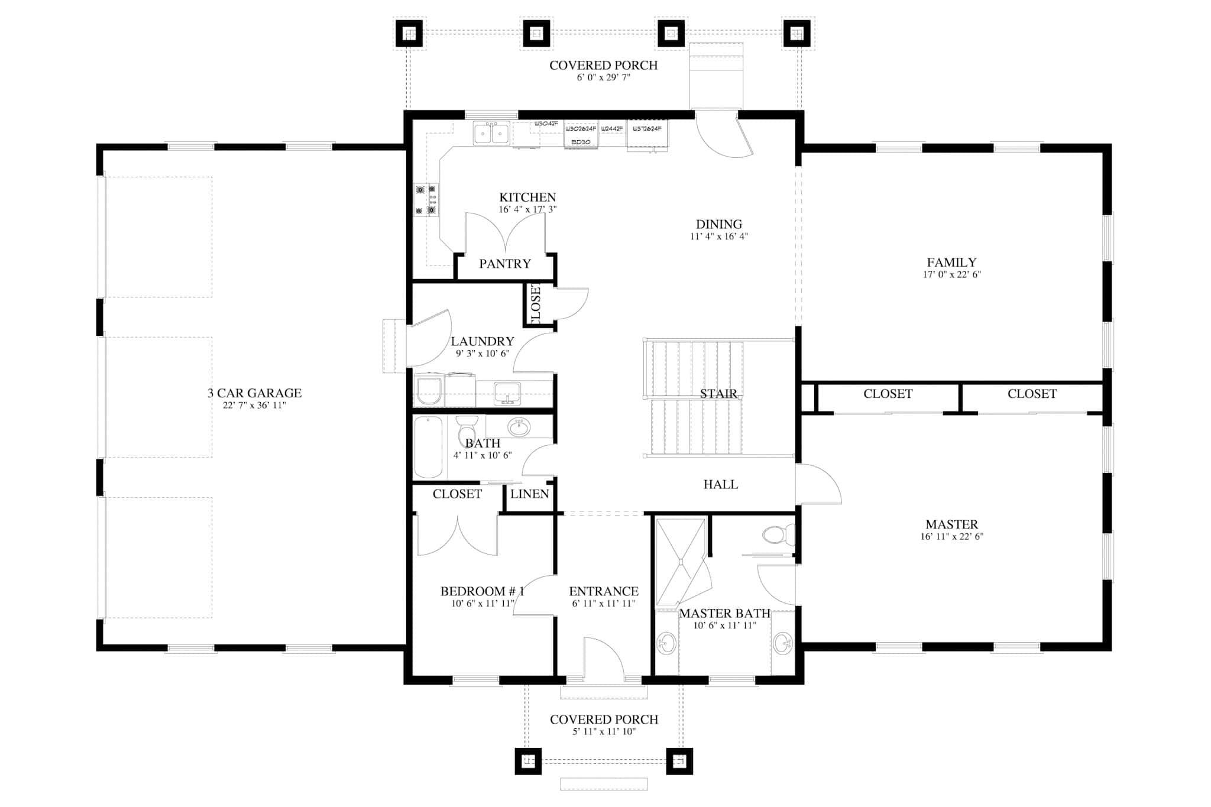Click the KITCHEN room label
click(527, 197)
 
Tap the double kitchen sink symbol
click(491, 134)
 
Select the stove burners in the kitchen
click(426, 200)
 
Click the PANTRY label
click(505, 264)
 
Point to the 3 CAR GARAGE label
click(254, 393)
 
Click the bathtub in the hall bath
click(428, 447)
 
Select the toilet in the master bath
click(776, 536)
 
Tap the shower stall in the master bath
click(681, 562)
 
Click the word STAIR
click(718, 394)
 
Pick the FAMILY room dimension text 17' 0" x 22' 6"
click(951, 275)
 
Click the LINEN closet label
click(530, 494)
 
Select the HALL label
click(720, 485)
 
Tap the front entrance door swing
click(603, 656)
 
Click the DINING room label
click(718, 225)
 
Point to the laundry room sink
click(507, 393)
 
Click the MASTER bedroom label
click(951, 524)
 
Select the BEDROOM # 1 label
click(482, 591)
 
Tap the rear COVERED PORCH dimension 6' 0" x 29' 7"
click(603, 77)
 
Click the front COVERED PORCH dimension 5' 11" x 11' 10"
click(603, 732)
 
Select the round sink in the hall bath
click(519, 427)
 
